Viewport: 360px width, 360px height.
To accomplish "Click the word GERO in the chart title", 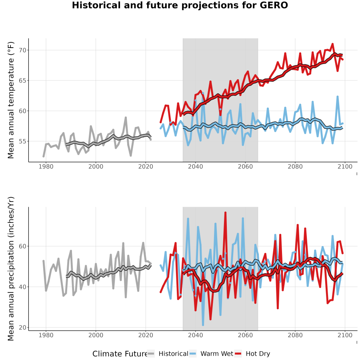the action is [x=274, y=5].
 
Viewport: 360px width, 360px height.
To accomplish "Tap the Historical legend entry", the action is [x=168, y=354].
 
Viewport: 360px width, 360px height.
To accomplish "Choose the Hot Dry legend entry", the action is [x=252, y=354].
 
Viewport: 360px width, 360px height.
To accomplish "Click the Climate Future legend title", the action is [x=120, y=354].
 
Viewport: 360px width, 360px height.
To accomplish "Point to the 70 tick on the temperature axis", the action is [x=22, y=50].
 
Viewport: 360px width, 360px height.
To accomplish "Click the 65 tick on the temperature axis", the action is [x=22, y=80].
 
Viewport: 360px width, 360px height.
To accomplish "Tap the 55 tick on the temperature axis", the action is [x=22, y=142].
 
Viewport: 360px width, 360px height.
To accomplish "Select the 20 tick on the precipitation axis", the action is [x=22, y=328].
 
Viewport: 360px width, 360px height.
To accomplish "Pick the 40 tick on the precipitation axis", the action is [x=22, y=287].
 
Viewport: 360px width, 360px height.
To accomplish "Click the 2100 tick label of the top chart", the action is [x=345, y=166].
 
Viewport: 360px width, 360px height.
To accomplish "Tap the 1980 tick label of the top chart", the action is [x=46, y=166].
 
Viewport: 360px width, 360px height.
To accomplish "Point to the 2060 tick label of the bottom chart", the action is [x=245, y=335].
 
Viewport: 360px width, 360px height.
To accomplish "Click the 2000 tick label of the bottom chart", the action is [x=96, y=335].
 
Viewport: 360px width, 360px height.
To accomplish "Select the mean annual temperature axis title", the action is [x=11, y=100].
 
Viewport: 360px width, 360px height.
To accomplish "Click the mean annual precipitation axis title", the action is [x=11, y=269].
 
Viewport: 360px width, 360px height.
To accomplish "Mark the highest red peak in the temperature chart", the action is [x=332, y=44].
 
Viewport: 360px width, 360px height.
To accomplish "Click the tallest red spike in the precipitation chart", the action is [x=226, y=213].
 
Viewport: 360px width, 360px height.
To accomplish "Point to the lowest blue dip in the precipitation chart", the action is [x=203, y=325].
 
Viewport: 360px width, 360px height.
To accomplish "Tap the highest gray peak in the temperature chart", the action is [x=126, y=117].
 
